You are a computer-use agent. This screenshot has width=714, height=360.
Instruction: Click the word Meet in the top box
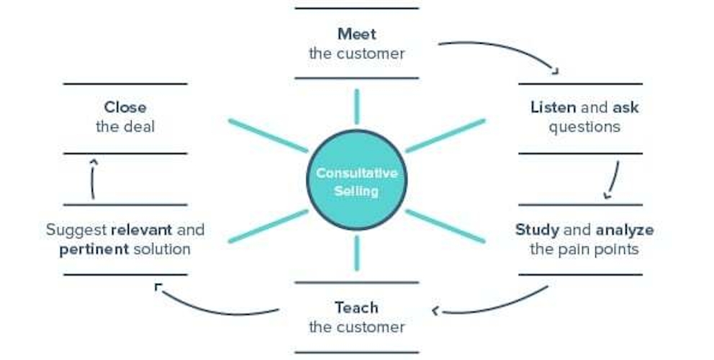(356, 34)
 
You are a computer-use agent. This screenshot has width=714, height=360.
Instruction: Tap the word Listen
(553, 108)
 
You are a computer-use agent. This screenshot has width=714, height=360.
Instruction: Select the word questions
(584, 127)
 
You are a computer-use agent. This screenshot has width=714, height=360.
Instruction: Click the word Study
(537, 230)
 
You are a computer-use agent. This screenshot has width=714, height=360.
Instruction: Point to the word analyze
(624, 230)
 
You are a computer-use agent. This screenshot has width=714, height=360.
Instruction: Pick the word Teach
(356, 308)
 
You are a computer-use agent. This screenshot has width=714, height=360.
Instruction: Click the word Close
(125, 108)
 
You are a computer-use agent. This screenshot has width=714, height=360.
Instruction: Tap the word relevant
(141, 230)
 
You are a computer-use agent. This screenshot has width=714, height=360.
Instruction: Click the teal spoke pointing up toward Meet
(356, 107)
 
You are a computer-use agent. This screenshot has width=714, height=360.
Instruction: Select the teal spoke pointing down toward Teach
(356, 253)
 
